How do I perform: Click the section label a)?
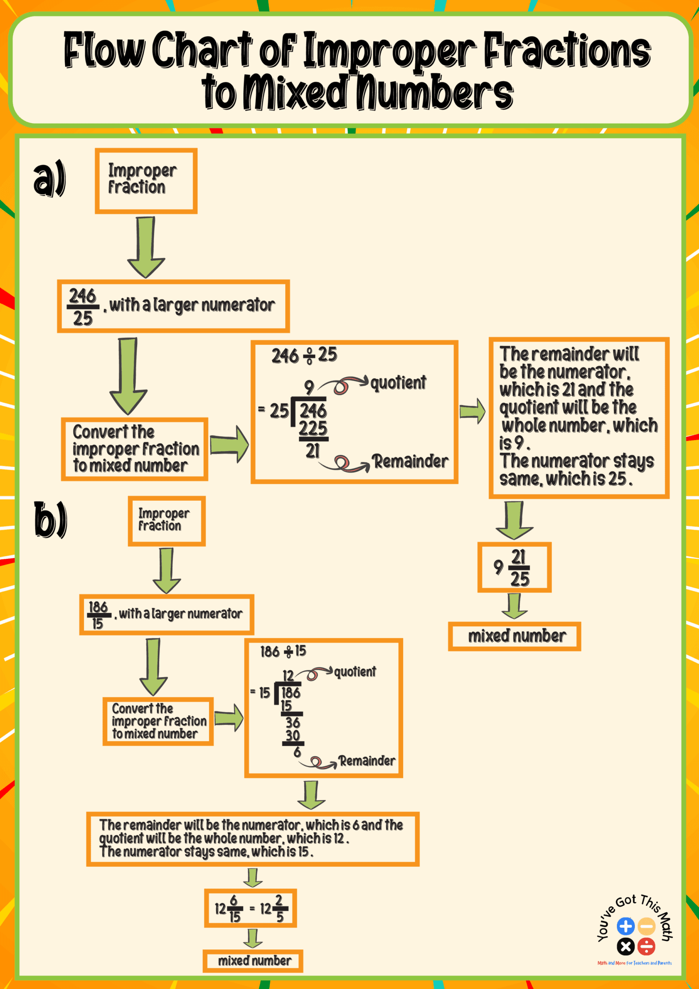[50, 179]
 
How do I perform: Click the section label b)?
[50, 520]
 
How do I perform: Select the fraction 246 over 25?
[83, 307]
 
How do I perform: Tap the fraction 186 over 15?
[98, 615]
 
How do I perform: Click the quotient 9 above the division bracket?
[309, 387]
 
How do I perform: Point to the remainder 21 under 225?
[313, 451]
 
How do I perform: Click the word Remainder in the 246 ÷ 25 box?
[411, 461]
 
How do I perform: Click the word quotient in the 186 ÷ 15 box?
[355, 672]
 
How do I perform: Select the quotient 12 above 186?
[288, 676]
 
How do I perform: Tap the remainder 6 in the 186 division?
[297, 752]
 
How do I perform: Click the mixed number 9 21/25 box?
[514, 567]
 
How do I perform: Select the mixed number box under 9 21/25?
[515, 636]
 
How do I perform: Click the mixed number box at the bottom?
[253, 961]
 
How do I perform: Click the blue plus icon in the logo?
[626, 926]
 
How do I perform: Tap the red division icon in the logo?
[646, 947]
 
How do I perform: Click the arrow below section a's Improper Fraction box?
[146, 247]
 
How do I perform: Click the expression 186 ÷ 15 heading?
[283, 651]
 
